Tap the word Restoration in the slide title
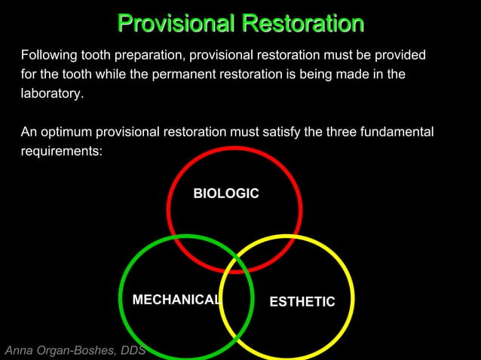point(302,23)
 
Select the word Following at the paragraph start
point(48,56)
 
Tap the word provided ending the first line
point(400,56)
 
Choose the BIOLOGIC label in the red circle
point(225,194)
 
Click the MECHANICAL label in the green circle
point(176,300)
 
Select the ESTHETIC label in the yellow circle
point(302,301)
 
